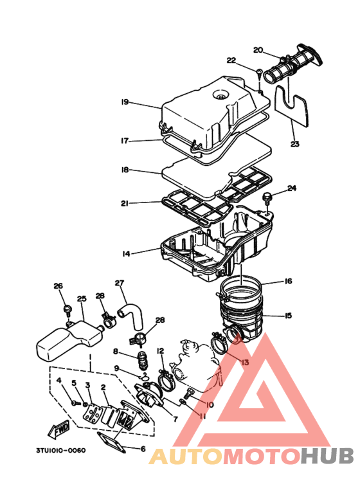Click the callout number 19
125,102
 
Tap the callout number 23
294,144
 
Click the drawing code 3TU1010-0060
60,451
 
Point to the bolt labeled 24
267,198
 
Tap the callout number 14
126,254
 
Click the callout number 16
288,281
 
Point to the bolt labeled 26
67,310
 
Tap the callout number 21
125,203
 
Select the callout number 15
288,316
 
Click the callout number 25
82,298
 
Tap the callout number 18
125,170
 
